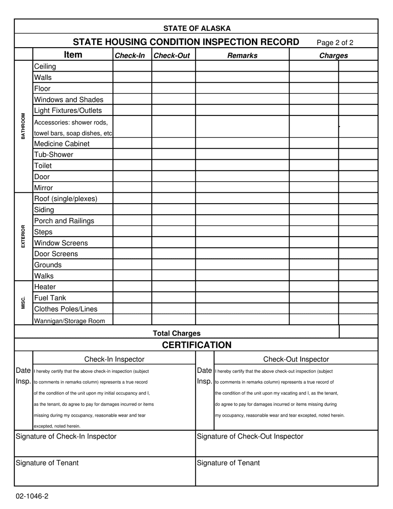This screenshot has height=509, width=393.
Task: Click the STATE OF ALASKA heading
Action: [x=197, y=28]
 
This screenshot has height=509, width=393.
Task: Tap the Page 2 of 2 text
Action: [x=335, y=43]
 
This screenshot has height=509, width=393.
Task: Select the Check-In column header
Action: [x=130, y=55]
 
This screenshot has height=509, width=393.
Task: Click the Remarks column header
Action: [x=242, y=55]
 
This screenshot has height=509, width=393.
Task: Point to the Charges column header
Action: [x=333, y=55]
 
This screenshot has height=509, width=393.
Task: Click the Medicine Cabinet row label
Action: [x=62, y=144]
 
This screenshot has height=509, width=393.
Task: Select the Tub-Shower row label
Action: [x=53, y=154]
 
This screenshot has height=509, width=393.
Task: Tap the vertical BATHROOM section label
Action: [x=23, y=126]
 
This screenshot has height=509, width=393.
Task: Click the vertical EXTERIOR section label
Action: [x=23, y=236]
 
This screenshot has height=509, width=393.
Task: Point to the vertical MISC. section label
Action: [x=23, y=303]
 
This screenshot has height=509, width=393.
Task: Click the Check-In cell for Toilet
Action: [x=132, y=166]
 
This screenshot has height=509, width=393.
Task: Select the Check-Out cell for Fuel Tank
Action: [x=173, y=298]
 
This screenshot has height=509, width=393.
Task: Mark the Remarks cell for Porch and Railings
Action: [x=242, y=221]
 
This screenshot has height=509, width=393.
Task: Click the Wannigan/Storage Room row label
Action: [x=69, y=321]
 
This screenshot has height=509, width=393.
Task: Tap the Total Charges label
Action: [x=177, y=333]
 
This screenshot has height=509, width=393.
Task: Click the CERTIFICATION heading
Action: [x=196, y=345]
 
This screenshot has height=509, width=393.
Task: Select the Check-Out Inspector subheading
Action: [x=296, y=359]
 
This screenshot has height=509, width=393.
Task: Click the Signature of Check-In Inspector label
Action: [x=66, y=436]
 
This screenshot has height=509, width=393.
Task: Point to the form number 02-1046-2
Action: [x=32, y=496]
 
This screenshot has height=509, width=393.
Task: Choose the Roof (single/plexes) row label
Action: [x=65, y=199]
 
